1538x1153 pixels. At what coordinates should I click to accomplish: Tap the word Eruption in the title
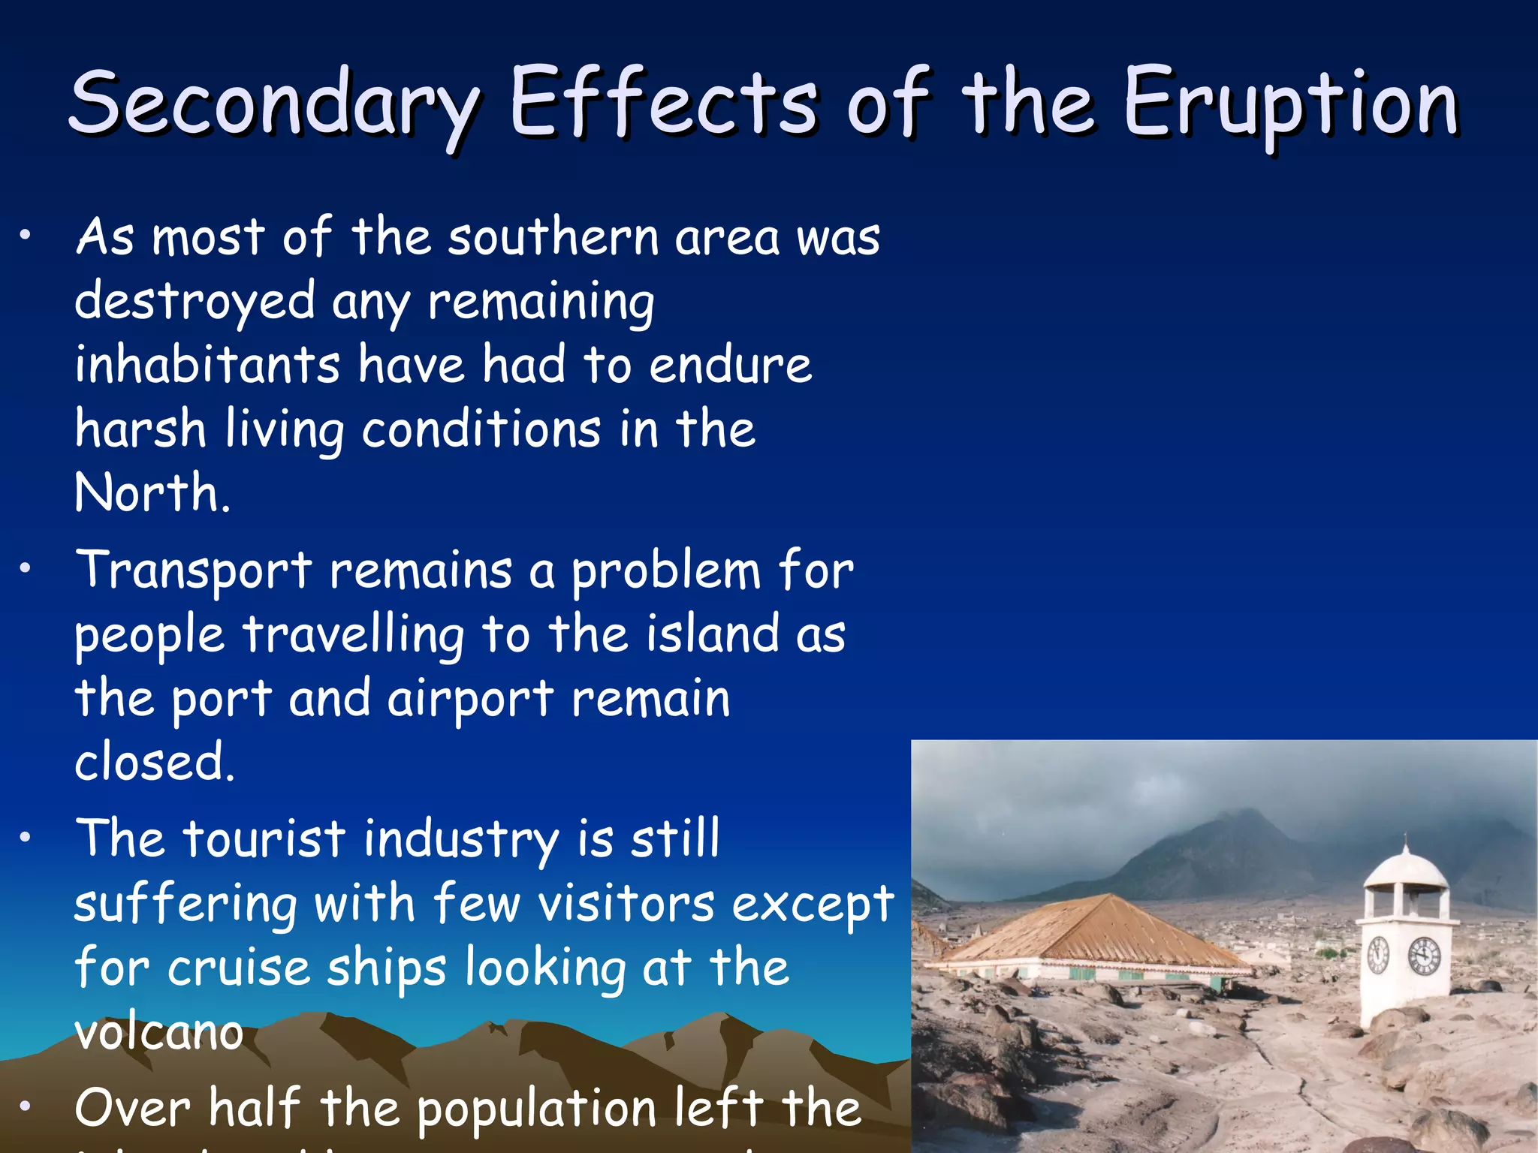click(x=1289, y=103)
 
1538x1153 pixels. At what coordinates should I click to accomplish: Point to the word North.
click(x=152, y=493)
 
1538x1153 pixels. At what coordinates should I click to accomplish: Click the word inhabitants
click(x=207, y=365)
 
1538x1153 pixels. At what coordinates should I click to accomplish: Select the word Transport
click(x=194, y=570)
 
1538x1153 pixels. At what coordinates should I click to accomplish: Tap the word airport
click(x=470, y=699)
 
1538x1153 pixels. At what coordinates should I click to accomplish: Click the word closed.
click(x=154, y=763)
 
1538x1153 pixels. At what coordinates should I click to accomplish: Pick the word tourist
click(x=264, y=839)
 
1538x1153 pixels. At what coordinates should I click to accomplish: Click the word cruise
click(x=239, y=968)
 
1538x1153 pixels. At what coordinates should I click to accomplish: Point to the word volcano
click(x=159, y=1033)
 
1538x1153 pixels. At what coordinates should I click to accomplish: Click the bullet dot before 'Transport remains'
click(x=26, y=569)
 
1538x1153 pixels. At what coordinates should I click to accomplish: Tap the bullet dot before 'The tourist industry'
click(x=26, y=838)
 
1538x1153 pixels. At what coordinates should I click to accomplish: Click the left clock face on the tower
click(x=1378, y=955)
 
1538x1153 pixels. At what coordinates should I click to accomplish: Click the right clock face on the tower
click(x=1424, y=957)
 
